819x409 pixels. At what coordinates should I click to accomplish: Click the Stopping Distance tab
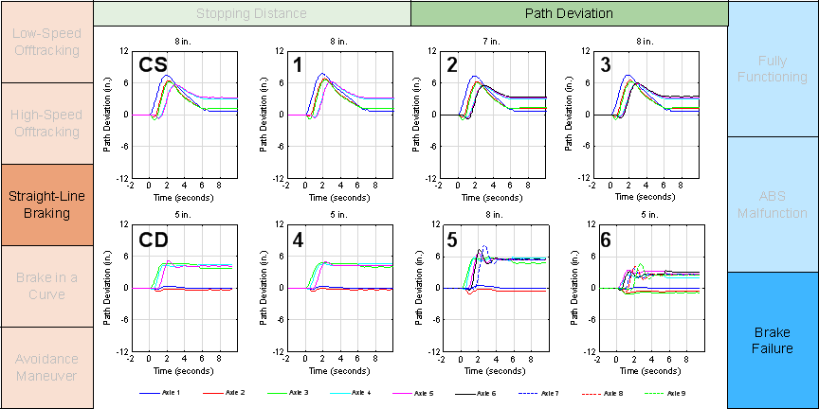(x=251, y=13)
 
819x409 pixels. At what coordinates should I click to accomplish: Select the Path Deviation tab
(x=569, y=13)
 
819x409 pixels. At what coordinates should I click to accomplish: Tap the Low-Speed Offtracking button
(x=46, y=42)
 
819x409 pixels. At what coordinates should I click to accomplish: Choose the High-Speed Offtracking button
(x=46, y=123)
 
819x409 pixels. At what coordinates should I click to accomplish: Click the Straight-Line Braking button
(x=46, y=204)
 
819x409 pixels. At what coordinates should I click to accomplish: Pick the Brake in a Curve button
(x=46, y=286)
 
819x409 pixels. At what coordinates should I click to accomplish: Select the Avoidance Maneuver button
(x=46, y=367)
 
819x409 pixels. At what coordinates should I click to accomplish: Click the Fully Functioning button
(x=773, y=68)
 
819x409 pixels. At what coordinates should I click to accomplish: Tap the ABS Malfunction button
(x=773, y=204)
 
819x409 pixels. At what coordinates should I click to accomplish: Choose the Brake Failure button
(x=773, y=341)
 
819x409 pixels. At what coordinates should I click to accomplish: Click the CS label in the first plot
(x=154, y=65)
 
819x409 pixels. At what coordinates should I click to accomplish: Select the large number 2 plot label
(x=453, y=65)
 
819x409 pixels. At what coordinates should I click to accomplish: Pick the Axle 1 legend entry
(x=159, y=392)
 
